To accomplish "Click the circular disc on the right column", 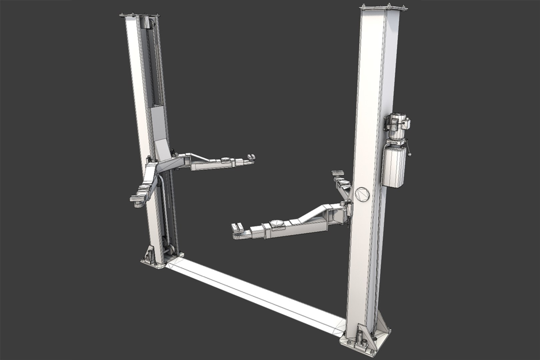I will point(362,194).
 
